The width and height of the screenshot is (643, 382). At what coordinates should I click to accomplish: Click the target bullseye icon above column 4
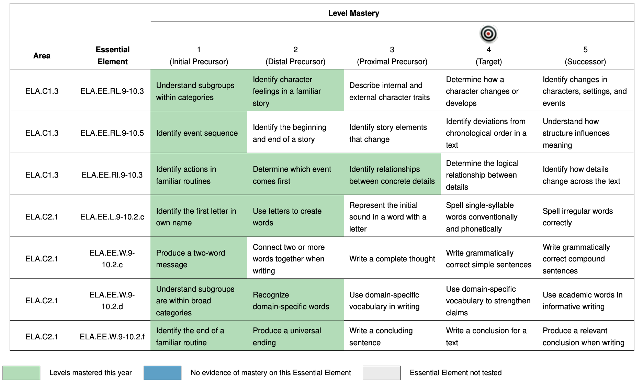[x=488, y=34]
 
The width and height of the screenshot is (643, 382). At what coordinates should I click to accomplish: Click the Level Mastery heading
[x=353, y=13]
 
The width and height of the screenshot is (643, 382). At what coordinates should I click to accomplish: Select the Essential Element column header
[x=112, y=55]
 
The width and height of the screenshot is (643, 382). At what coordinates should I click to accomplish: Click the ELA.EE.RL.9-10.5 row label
[x=112, y=133]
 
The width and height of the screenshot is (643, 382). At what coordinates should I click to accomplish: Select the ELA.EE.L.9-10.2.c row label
[x=112, y=217]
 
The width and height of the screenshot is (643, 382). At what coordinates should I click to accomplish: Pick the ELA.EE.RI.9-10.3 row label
[x=112, y=175]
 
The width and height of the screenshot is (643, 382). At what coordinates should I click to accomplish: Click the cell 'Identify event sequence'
[x=197, y=133]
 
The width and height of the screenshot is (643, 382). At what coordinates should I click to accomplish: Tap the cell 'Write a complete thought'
[x=392, y=259]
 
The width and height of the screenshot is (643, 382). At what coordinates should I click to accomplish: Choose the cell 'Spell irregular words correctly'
[x=577, y=217]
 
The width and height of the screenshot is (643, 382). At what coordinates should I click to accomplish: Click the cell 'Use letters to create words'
[x=287, y=217]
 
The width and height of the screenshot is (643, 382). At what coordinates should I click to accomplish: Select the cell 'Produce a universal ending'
[x=287, y=336]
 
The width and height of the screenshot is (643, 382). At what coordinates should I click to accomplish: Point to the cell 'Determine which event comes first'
[x=292, y=175]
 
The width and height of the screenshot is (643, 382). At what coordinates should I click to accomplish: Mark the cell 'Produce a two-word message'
[x=191, y=259]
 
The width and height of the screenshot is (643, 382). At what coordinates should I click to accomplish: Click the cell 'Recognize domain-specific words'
[x=291, y=301]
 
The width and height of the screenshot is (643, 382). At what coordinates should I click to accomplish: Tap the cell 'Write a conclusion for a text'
[x=486, y=336]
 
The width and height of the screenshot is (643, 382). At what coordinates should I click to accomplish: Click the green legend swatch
[x=21, y=373]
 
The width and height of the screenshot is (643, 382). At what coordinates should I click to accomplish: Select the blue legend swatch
[x=162, y=373]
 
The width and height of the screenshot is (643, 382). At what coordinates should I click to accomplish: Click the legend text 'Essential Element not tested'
[x=455, y=373]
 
